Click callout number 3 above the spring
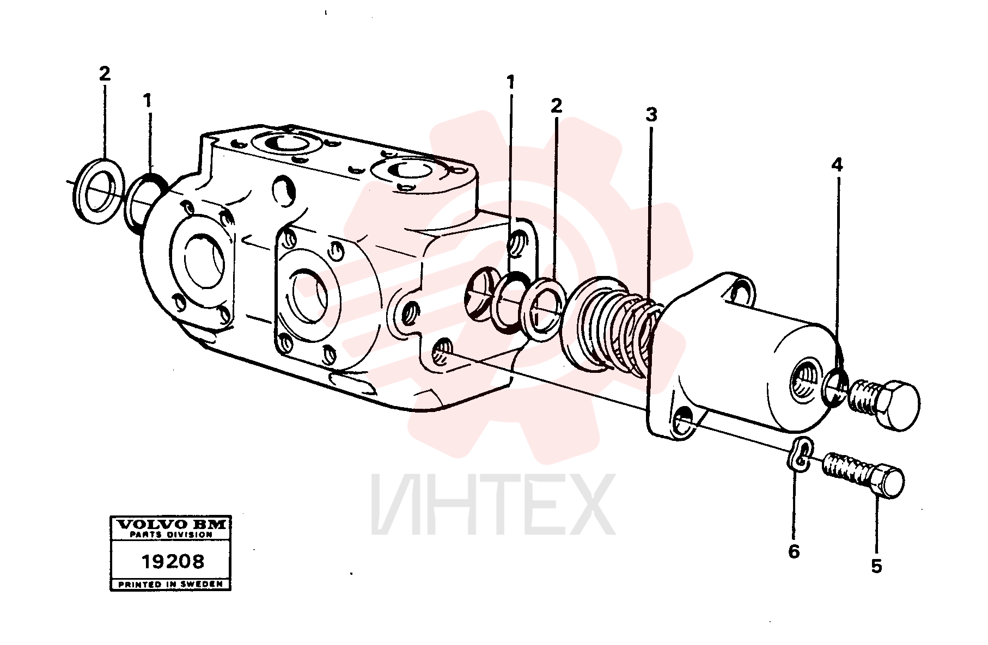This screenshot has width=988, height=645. [x=651, y=115]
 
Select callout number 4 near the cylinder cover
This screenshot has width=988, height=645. [x=837, y=165]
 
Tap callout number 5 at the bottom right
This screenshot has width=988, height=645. [x=876, y=566]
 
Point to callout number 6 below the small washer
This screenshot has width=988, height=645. [x=794, y=551]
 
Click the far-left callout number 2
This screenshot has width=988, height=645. [x=105, y=73]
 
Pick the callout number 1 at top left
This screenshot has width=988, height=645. [x=147, y=101]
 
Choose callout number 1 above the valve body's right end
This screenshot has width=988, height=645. [x=510, y=82]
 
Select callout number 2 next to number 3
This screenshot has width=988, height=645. [x=556, y=105]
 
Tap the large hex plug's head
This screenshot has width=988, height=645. [x=898, y=405]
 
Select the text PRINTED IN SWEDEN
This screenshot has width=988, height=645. [x=170, y=584]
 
